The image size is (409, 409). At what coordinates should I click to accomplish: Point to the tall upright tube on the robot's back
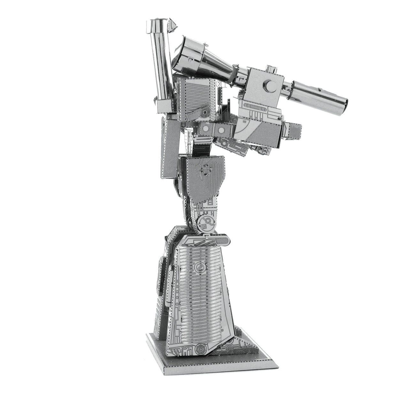pos(162,61)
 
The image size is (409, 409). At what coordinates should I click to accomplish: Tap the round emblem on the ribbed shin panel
pos(197,267)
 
